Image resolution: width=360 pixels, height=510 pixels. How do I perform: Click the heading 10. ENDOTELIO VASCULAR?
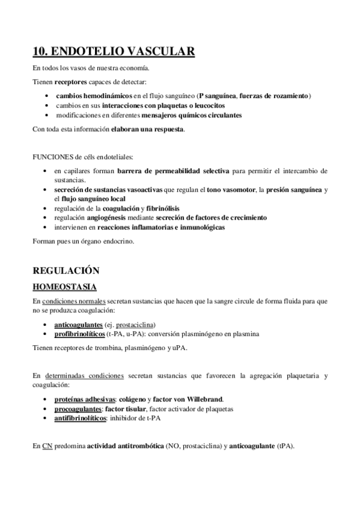coord(114,52)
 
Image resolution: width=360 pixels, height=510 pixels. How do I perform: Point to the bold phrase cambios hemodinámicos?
coord(90,96)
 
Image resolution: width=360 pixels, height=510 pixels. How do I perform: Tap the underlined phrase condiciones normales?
coord(72,300)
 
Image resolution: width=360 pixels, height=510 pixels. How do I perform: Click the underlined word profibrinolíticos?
coord(79,333)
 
